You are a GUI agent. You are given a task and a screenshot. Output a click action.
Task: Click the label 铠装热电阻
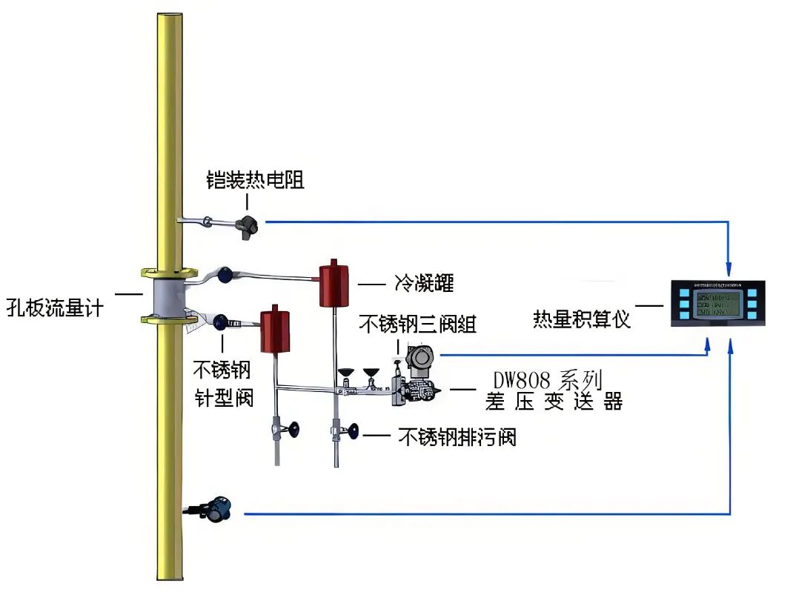pyautogui.click(x=255, y=179)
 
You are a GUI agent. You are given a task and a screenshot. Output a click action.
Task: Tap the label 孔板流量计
pyautogui.click(x=56, y=305)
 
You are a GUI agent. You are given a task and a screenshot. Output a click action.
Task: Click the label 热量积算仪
pyautogui.click(x=582, y=319)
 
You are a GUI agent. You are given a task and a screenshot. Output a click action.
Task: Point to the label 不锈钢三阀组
pyautogui.click(x=418, y=324)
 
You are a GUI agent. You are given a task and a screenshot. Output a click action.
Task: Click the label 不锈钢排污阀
pyautogui.click(x=457, y=436)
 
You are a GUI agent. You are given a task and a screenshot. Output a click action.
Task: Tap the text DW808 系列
pyautogui.click(x=547, y=381)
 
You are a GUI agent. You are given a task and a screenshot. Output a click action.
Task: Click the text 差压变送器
pyautogui.click(x=554, y=402)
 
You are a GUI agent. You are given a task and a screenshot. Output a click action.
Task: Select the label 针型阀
pyautogui.click(x=225, y=397)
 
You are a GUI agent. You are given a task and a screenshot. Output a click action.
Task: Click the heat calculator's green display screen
pyautogui.click(x=717, y=303)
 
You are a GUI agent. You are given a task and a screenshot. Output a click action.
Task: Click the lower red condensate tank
pyautogui.click(x=274, y=330)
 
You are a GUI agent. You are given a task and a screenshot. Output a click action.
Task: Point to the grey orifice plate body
pyautogui.click(x=167, y=296)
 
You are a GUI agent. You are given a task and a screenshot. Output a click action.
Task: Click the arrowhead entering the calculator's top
pyautogui.click(x=731, y=267)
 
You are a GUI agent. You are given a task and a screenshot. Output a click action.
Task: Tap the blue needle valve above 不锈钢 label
pyautogui.click(x=220, y=322)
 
